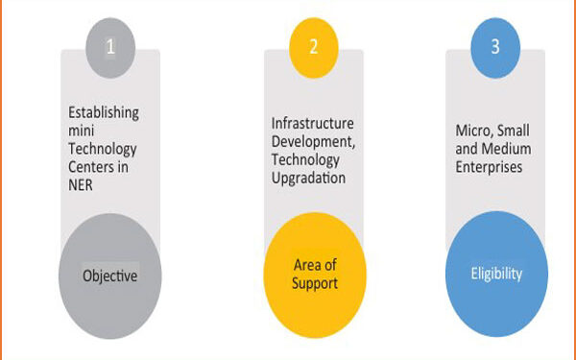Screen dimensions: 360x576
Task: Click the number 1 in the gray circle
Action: click(x=110, y=45)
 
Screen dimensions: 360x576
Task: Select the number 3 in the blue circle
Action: click(x=496, y=45)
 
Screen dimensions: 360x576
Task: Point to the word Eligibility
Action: click(x=496, y=274)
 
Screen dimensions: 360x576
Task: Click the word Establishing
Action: click(x=103, y=112)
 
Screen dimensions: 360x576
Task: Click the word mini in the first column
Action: click(x=83, y=131)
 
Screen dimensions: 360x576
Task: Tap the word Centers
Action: click(x=90, y=167)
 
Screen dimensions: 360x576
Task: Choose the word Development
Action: click(x=308, y=141)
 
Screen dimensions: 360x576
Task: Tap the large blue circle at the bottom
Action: click(x=496, y=275)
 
